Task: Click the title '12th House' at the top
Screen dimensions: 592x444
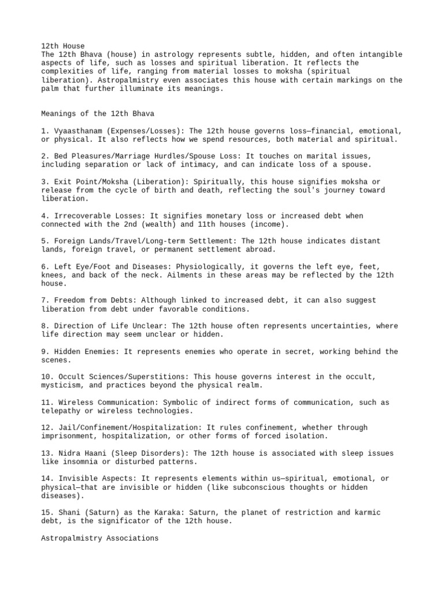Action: [63, 46]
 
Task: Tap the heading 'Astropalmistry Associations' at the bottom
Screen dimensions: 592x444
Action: [99, 538]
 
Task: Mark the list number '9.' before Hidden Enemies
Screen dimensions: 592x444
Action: [46, 351]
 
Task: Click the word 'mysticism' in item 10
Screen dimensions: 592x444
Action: [63, 386]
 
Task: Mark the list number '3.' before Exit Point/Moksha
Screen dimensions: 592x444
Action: [46, 182]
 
